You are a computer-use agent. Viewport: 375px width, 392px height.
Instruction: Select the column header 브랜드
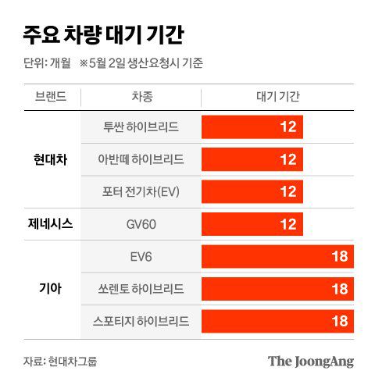[x=51, y=98]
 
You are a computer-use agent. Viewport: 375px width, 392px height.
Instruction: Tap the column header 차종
[x=141, y=98]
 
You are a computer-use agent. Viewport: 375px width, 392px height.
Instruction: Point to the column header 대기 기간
[x=277, y=98]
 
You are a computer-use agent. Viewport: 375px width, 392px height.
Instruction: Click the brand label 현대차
[x=51, y=159]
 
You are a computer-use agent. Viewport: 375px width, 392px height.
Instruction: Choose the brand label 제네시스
[x=51, y=224]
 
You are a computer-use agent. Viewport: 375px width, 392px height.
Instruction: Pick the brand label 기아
[x=51, y=288]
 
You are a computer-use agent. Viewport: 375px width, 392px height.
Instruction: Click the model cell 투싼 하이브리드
[x=141, y=127]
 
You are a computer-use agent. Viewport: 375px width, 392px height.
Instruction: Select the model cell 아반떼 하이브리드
[x=141, y=159]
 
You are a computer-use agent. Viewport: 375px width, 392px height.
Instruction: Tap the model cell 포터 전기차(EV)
[x=141, y=192]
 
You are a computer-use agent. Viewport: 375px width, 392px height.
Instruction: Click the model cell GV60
[x=141, y=224]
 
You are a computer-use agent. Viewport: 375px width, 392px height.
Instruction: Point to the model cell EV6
[x=141, y=256]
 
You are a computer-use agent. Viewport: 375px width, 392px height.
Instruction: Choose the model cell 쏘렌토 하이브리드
[x=141, y=288]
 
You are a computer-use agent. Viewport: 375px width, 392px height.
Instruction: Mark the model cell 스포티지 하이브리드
[x=141, y=321]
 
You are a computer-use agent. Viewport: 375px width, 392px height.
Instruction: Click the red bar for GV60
[x=252, y=224]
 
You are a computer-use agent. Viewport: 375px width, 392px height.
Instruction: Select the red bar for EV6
[x=277, y=256]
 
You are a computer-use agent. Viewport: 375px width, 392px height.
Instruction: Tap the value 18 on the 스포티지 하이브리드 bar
[x=339, y=321]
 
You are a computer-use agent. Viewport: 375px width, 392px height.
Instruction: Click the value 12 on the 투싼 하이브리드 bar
[x=287, y=127]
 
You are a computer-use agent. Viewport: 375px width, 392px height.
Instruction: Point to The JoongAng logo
[x=310, y=361]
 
